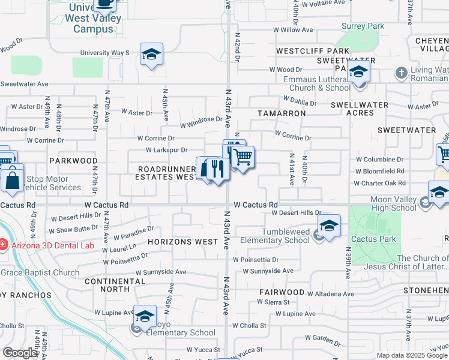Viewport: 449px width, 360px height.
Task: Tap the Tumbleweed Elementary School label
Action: (275, 236)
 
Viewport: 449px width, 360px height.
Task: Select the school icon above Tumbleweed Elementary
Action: (329, 226)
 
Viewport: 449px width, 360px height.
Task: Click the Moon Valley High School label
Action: (393, 203)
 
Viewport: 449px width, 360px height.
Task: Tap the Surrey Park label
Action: (363, 26)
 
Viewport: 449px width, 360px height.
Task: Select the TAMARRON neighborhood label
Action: (282, 113)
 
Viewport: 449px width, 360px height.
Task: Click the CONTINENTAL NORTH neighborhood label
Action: (107, 285)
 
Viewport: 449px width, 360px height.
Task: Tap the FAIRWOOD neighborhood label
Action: (282, 292)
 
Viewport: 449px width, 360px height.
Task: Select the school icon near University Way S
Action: (152, 54)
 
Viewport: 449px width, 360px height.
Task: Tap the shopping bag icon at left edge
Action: (11, 179)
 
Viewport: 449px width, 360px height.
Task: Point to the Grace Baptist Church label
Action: (40, 272)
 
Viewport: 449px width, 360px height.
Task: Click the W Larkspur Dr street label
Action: (167, 150)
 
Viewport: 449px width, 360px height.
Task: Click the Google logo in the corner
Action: (20, 353)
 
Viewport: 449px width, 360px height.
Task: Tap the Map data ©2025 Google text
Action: (411, 355)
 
